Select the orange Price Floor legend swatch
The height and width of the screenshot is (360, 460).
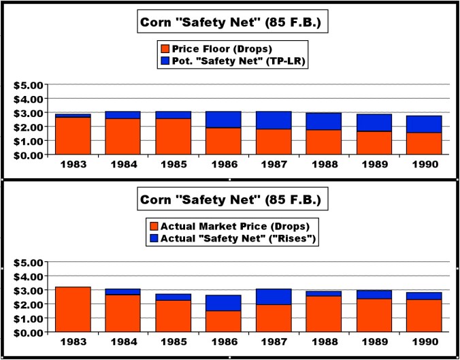(x=165, y=49)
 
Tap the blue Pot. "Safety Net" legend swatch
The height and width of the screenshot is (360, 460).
(x=165, y=61)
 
